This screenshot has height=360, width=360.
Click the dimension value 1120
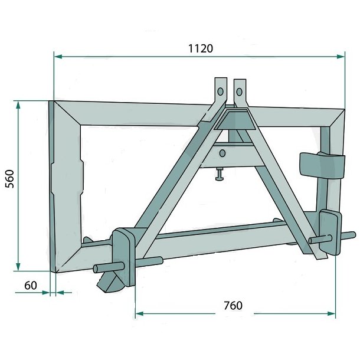201,48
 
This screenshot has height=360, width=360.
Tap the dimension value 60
31,286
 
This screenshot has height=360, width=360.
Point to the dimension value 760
233,306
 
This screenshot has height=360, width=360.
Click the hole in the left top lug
220,91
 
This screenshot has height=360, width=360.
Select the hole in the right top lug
240,91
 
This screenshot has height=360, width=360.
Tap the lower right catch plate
329,232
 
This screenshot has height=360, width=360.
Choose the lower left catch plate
125,254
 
